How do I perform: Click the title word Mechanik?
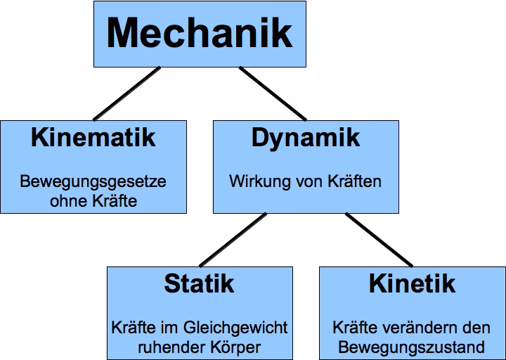click(200, 32)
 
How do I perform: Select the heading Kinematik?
click(93, 137)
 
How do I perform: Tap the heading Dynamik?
click(305, 137)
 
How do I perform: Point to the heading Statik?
click(199, 283)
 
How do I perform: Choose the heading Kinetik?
click(411, 283)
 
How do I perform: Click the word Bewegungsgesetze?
click(93, 182)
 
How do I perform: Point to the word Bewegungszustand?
click(411, 347)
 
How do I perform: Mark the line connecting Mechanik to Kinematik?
click(127, 93)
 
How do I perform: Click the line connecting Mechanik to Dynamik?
click(273, 93)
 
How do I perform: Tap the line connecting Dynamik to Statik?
click(233, 240)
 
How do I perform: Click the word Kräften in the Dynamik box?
click(354, 181)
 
